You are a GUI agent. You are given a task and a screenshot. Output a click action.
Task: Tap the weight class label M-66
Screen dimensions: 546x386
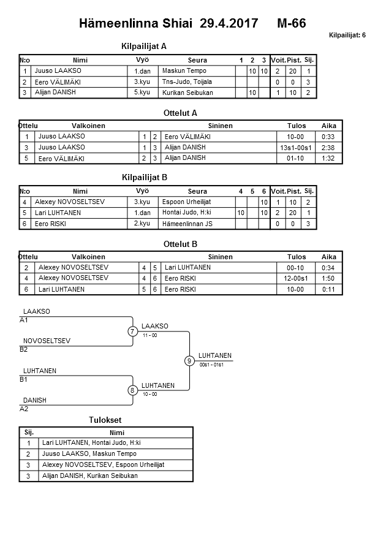[291, 24]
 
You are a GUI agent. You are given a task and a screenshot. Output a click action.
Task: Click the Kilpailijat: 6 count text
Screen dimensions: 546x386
[347, 35]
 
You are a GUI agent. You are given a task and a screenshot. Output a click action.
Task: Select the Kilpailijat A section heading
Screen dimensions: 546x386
[145, 46]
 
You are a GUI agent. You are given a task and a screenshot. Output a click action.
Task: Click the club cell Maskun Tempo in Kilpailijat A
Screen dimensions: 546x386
[184, 71]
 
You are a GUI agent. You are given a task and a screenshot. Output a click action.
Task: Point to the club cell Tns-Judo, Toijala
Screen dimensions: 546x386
[187, 82]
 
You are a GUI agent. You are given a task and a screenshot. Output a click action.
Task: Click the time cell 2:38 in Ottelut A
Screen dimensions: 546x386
[328, 148]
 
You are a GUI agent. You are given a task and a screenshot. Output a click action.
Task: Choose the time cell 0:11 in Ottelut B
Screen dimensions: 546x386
[328, 289]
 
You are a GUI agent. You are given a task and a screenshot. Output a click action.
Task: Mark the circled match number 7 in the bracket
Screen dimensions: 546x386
[132, 332]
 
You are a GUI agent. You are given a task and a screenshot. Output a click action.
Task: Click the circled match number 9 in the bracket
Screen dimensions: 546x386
[189, 361]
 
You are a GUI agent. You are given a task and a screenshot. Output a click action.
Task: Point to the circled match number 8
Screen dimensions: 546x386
[132, 390]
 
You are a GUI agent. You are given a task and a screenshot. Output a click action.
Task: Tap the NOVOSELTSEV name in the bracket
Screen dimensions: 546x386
[47, 341]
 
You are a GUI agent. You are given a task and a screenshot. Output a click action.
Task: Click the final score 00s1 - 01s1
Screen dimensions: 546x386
[211, 365]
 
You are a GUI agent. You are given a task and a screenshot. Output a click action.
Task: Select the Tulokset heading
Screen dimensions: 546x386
[105, 420]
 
